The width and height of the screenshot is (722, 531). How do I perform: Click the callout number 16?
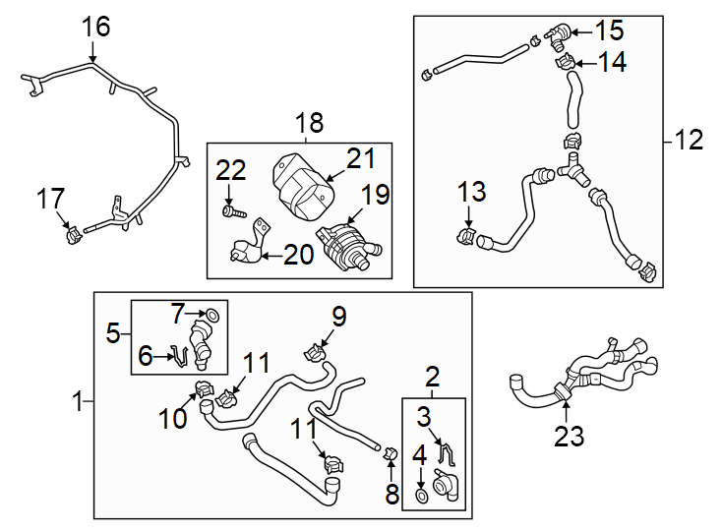[x=96, y=26]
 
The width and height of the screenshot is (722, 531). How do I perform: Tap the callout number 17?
[x=50, y=199]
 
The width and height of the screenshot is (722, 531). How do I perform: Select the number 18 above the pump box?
[x=309, y=123]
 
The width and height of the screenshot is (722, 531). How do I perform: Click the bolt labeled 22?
[x=231, y=209]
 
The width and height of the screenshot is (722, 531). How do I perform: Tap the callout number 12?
[x=690, y=141]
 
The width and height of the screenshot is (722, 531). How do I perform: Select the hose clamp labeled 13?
[x=466, y=236]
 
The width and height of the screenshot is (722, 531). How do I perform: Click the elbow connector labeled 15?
[x=557, y=38]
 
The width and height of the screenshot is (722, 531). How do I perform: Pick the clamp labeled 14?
[x=565, y=64]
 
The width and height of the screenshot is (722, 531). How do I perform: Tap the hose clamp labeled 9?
[x=318, y=349]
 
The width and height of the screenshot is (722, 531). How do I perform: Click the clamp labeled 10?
[x=206, y=388]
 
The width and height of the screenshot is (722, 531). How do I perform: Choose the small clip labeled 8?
[x=390, y=453]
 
